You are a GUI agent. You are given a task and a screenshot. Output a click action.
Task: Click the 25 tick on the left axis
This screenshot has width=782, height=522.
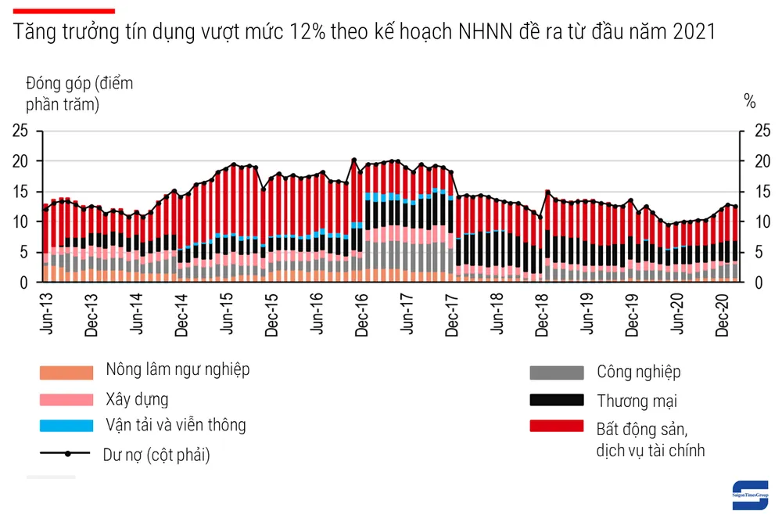(21, 131)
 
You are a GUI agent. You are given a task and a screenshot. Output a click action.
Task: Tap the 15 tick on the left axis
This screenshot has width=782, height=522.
(21, 192)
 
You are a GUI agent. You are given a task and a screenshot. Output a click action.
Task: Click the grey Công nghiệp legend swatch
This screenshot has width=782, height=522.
(556, 373)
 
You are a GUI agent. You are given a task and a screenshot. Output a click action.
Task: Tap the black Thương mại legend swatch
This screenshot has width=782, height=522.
(556, 400)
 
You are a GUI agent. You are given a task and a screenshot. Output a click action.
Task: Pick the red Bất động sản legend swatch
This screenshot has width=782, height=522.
(556, 427)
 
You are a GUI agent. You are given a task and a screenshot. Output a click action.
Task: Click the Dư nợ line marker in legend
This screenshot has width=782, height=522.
(67, 454)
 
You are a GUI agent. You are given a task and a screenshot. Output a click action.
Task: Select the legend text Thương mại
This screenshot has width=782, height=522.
(637, 401)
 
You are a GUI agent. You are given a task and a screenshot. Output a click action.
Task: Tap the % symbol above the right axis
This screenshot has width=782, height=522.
(750, 100)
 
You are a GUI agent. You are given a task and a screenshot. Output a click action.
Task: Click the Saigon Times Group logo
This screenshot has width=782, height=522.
(750, 494)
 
